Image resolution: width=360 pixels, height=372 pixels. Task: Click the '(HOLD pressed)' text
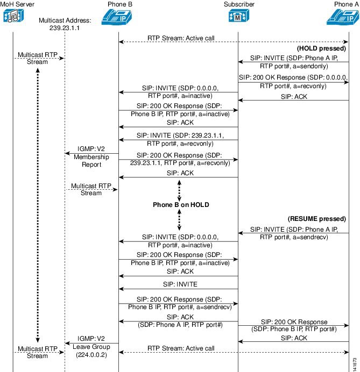[x=321, y=48]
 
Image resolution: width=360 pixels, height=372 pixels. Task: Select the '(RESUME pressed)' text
[x=317, y=219]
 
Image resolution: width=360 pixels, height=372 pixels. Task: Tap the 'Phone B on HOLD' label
[x=181, y=205]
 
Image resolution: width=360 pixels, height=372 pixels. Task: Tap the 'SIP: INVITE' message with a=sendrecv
[x=293, y=232]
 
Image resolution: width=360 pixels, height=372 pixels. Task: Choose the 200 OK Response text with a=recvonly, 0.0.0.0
[x=293, y=81]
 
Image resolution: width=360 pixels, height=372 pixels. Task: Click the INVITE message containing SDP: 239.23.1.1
[x=178, y=140]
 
